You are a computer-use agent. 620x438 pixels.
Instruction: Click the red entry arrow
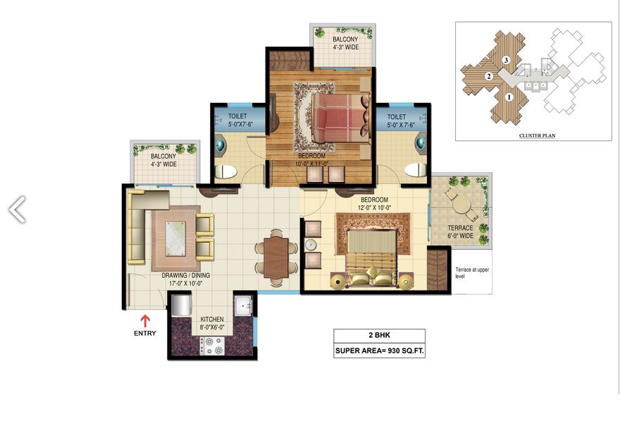point(145,321)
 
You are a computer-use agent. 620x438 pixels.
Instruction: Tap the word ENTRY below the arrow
point(145,334)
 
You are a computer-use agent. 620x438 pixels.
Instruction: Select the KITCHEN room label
point(212,320)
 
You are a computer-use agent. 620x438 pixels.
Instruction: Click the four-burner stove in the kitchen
point(212,346)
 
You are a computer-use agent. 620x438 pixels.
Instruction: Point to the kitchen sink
point(244,305)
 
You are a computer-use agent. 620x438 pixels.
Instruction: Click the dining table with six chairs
point(276,257)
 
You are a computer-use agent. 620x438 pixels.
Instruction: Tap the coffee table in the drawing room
point(175,238)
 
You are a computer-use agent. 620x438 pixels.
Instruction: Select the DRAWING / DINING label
point(186,275)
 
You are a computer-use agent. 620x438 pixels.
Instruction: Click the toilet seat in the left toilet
point(225,171)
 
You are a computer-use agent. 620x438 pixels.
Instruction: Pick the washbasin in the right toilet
point(421,142)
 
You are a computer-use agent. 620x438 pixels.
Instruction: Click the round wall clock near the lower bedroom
point(311,245)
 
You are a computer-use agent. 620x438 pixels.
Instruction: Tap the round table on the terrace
point(461,206)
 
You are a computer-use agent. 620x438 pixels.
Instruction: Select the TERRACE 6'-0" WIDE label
point(460,232)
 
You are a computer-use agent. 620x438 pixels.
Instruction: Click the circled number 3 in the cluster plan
point(506,60)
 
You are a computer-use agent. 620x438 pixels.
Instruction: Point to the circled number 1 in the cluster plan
point(509,97)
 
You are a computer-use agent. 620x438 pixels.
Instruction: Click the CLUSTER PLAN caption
point(537,135)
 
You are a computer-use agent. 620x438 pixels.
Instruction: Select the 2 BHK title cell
point(379,335)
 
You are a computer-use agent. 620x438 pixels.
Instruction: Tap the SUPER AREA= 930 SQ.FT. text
point(380,351)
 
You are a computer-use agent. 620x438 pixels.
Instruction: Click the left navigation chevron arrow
point(18,209)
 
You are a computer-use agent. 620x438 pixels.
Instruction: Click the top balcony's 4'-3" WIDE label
point(346,47)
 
